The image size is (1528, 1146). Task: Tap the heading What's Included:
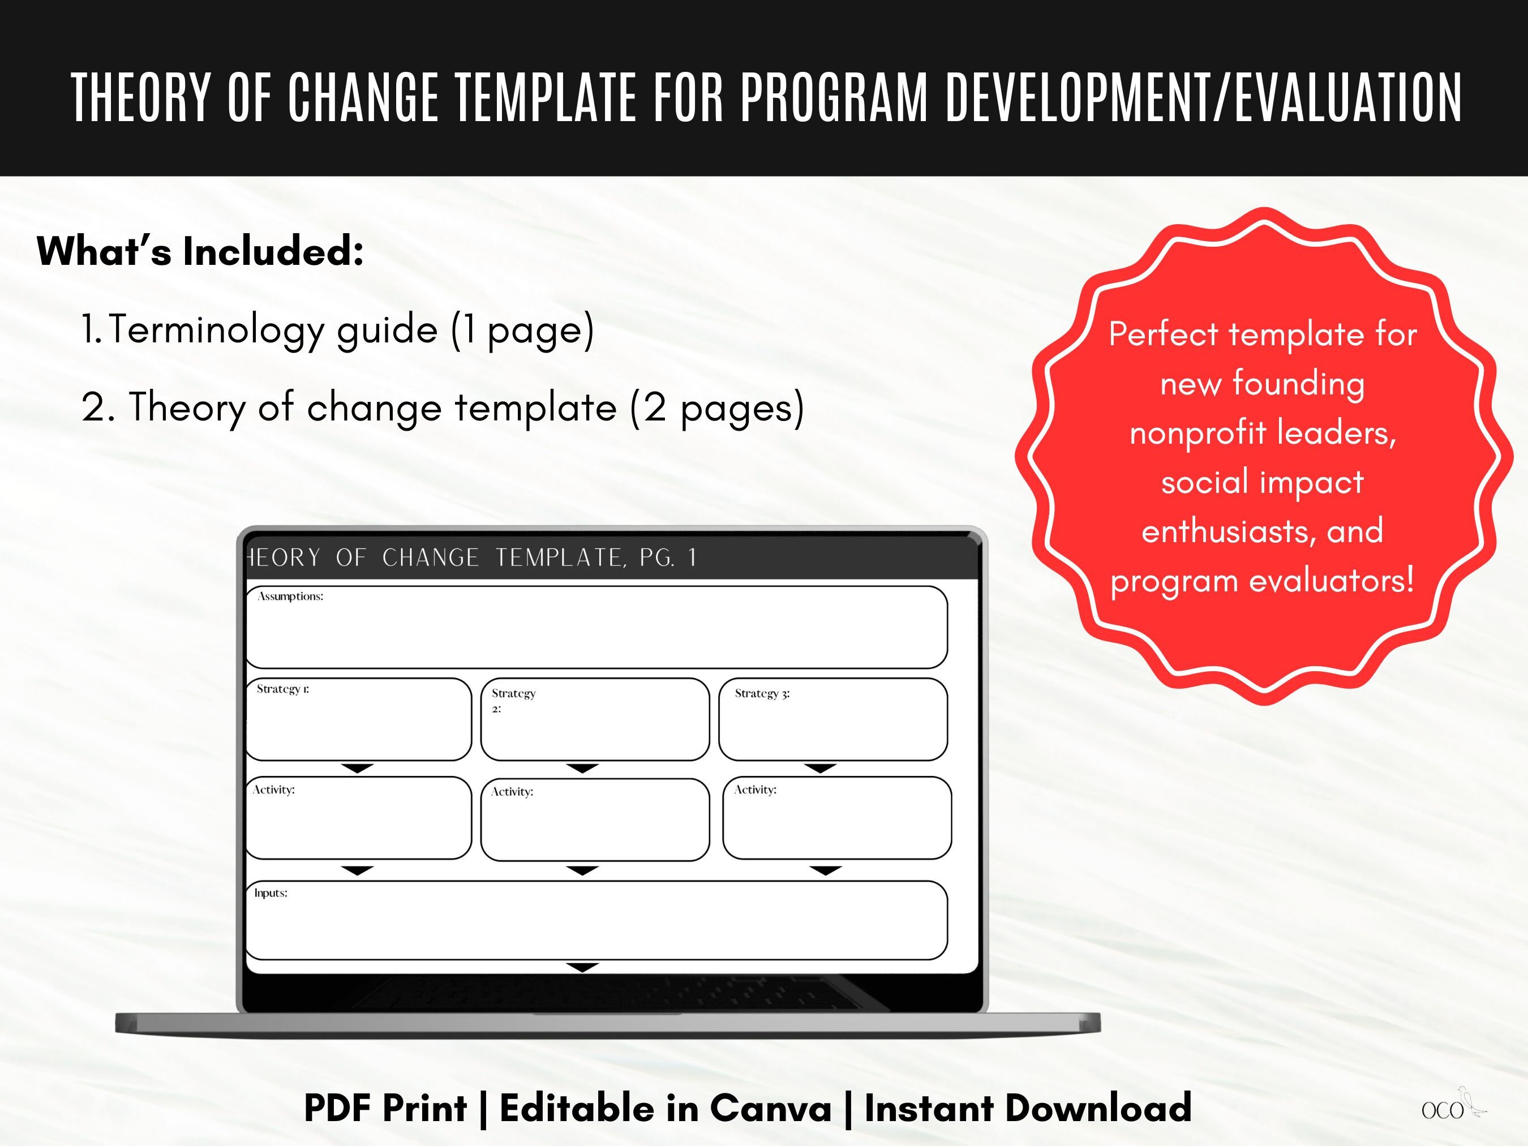click(200, 251)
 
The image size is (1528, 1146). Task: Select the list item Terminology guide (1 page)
click(337, 329)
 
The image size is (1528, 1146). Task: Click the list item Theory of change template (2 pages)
click(443, 407)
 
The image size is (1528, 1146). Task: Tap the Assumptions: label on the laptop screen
click(290, 596)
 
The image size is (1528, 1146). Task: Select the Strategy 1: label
click(282, 689)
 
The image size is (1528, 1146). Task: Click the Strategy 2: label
click(513, 699)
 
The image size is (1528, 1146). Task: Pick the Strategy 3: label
click(762, 693)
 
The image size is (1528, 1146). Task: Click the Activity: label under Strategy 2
click(512, 792)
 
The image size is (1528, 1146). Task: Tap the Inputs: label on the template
click(270, 893)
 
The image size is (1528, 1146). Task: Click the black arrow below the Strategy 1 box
click(358, 768)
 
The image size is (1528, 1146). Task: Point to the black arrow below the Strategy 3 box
click(821, 768)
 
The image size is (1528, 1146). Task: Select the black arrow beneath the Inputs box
click(582, 968)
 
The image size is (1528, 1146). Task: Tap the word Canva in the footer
click(770, 1109)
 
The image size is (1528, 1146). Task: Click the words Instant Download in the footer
click(1028, 1109)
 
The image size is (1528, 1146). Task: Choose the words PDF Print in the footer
click(385, 1109)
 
